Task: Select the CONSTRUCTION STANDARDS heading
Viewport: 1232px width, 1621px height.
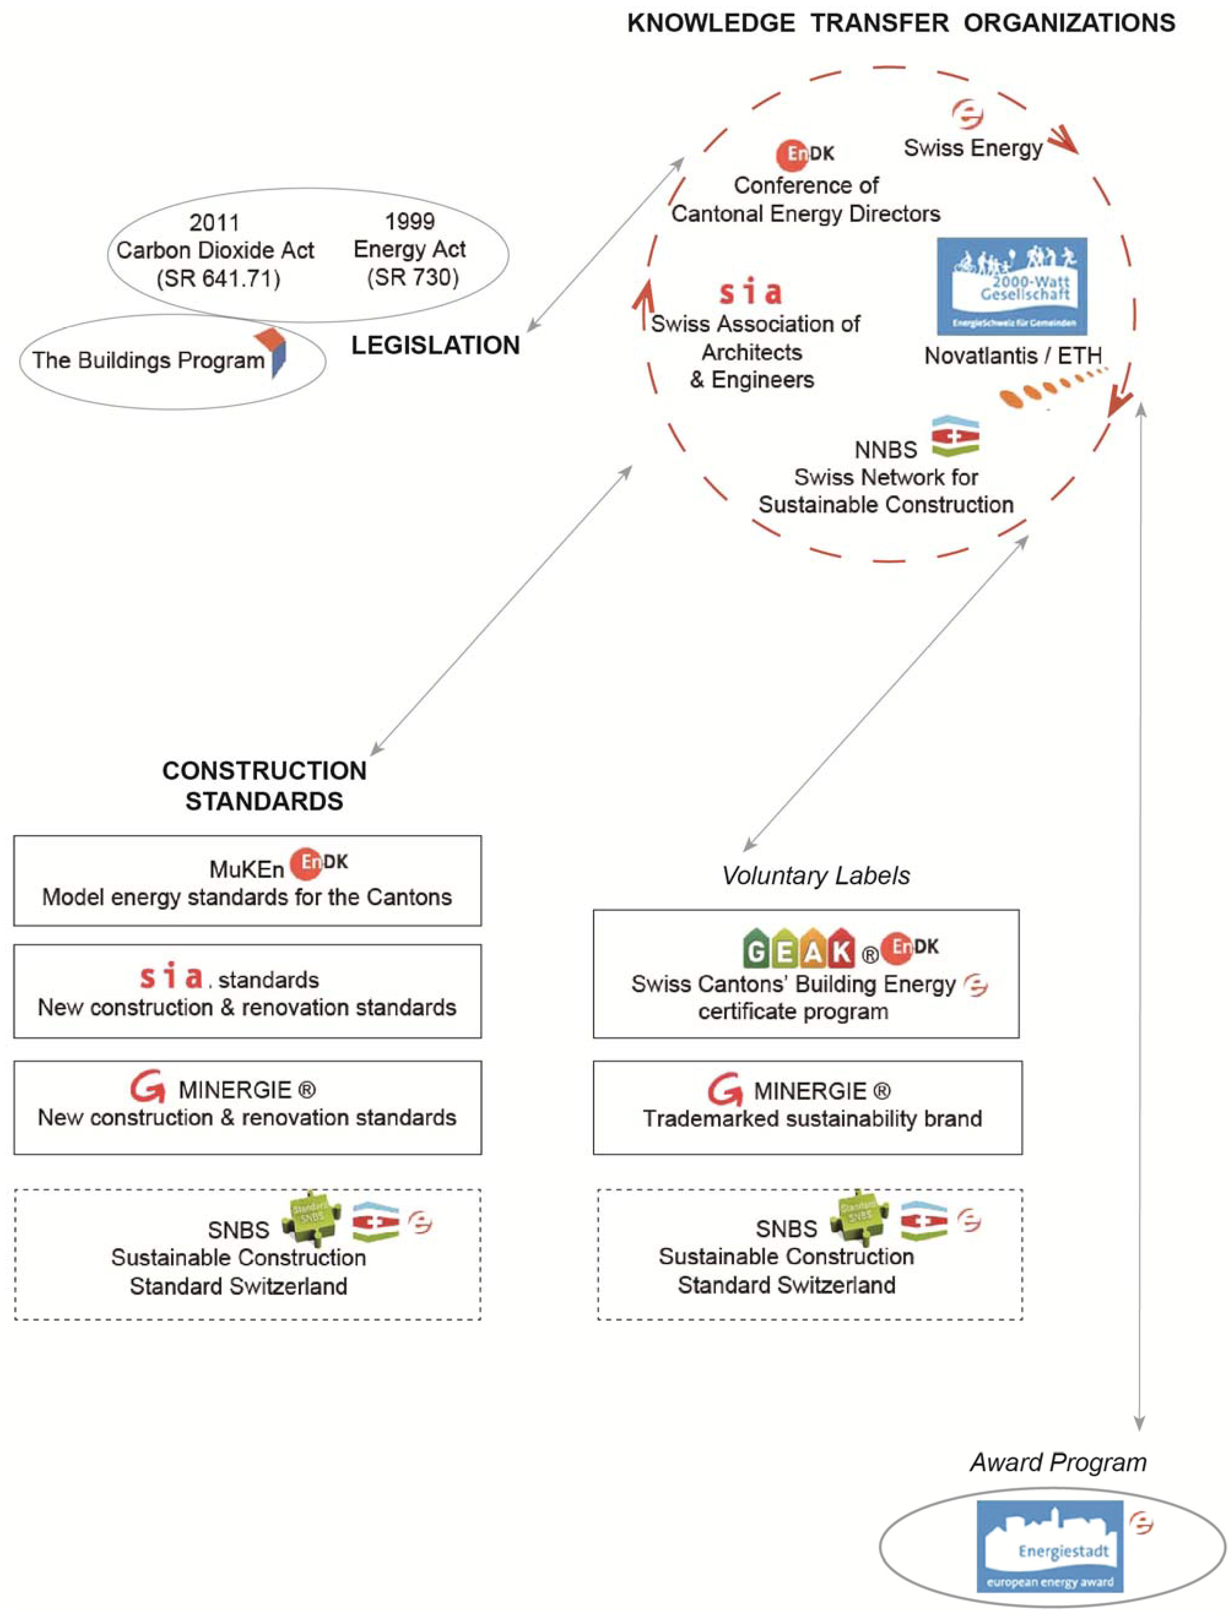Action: pyautogui.click(x=264, y=786)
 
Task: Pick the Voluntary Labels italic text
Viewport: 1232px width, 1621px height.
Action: pyautogui.click(x=816, y=875)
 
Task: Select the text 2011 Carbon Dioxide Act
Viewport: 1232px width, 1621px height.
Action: pyautogui.click(x=215, y=249)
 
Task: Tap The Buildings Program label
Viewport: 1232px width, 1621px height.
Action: pyautogui.click(x=148, y=360)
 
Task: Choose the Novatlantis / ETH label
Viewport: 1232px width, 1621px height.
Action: pyautogui.click(x=1012, y=356)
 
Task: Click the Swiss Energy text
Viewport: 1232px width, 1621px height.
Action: pyautogui.click(x=972, y=148)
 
